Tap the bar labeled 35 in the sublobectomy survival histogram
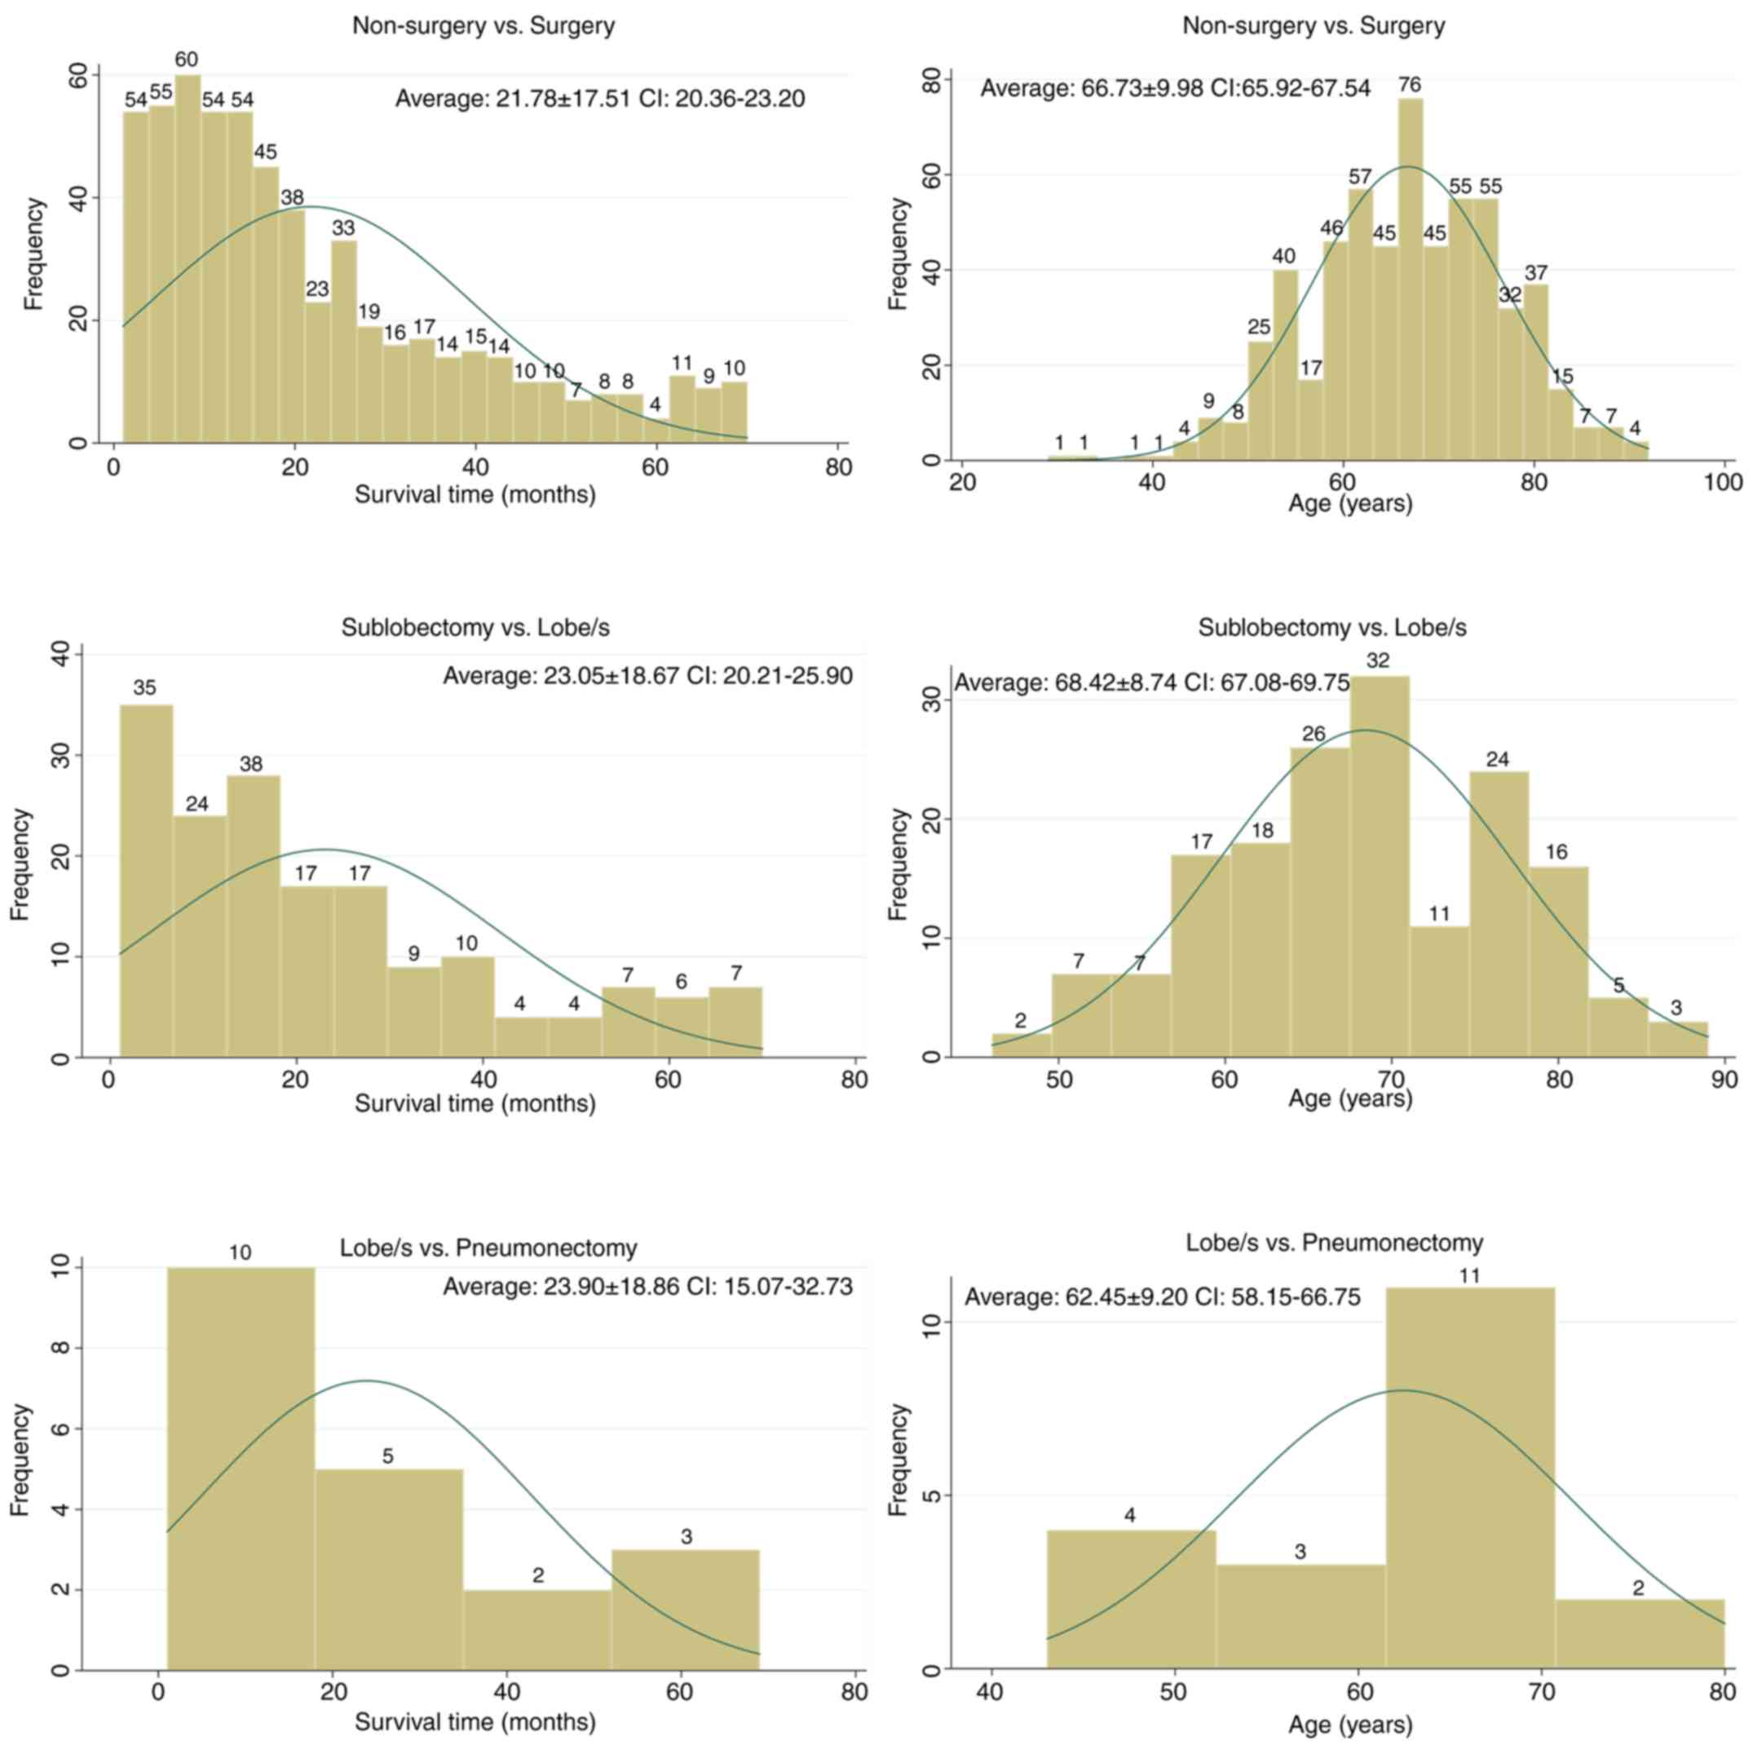point(146,880)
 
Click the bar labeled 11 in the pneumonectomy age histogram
point(1470,1479)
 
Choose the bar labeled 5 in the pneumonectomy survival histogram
point(389,1570)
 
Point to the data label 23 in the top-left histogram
point(317,289)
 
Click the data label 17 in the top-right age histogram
point(1311,368)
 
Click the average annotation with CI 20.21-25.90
point(647,675)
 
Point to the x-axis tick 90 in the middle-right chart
point(1722,1080)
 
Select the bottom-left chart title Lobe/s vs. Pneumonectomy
point(488,1248)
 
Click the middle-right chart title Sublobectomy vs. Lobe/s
point(1331,627)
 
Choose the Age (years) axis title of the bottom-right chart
point(1350,1725)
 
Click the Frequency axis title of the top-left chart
point(33,254)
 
